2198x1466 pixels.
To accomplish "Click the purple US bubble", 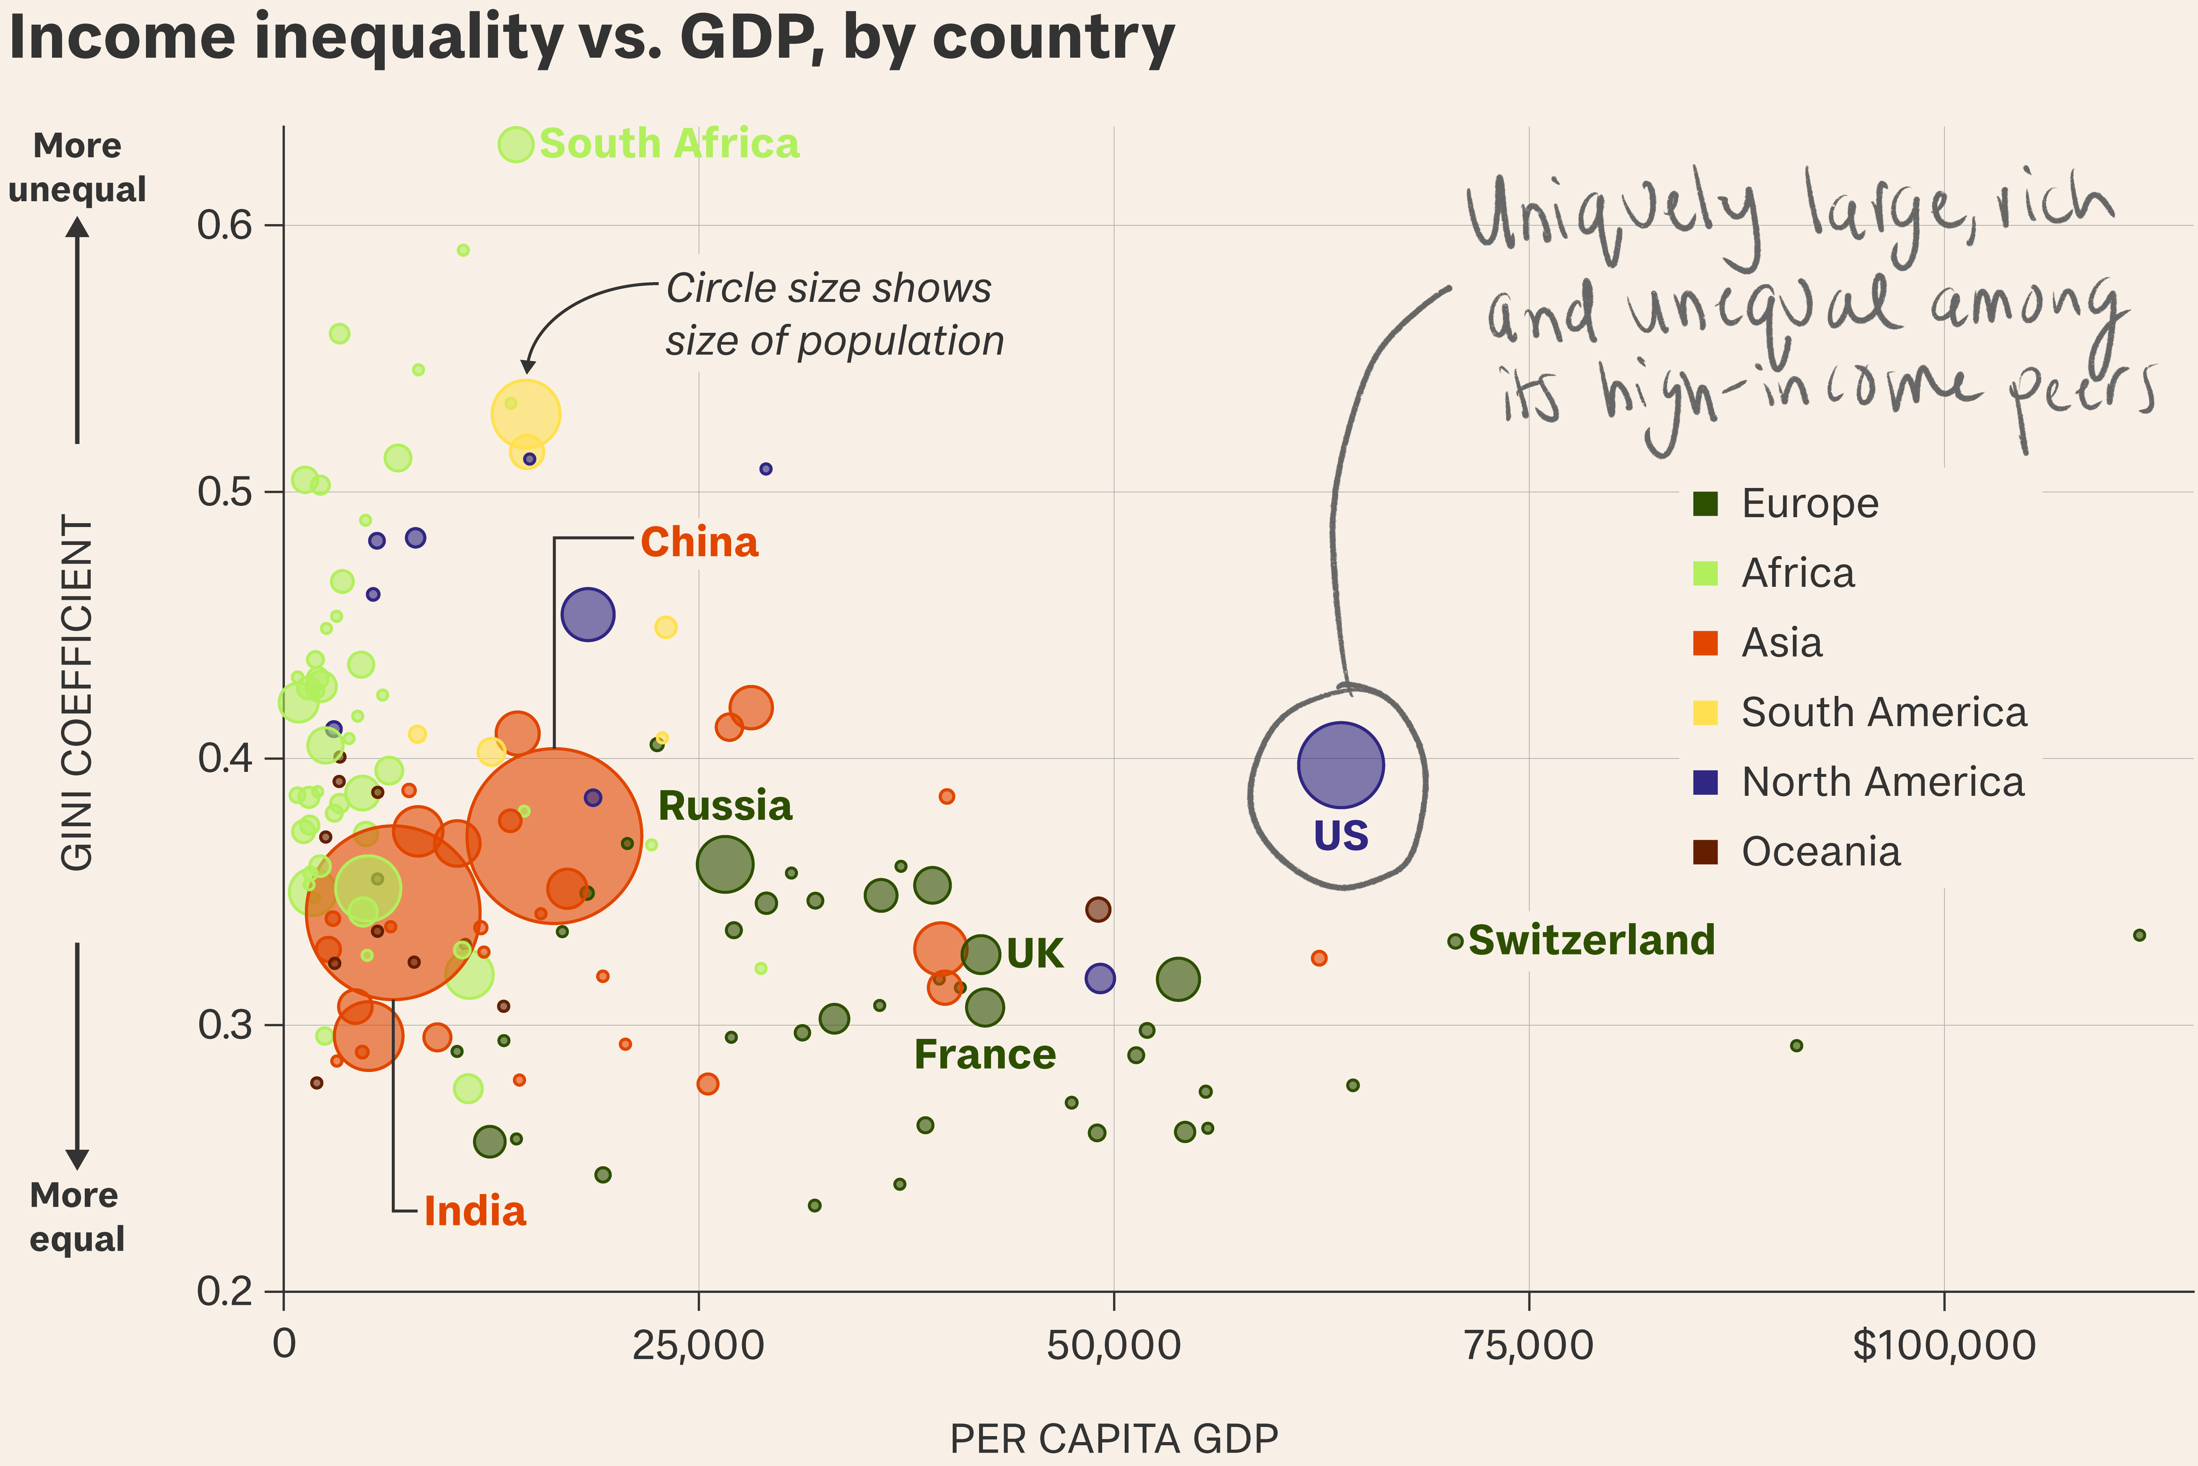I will [1340, 765].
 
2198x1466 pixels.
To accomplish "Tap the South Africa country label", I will [669, 144].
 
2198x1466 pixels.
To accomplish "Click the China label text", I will [699, 542].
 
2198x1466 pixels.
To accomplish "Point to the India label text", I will [475, 1212].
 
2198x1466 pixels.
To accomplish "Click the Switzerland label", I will [1591, 940].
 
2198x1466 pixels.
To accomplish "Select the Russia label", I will [725, 806].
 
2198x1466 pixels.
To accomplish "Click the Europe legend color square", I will [1706, 504].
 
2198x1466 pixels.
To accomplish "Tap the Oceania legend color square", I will [1706, 852].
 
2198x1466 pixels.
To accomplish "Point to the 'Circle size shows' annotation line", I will [828, 289].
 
